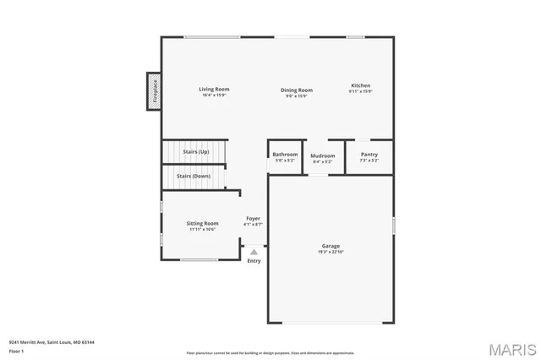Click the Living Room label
pos(214,89)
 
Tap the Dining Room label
pos(297,90)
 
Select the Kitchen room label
pos(361,85)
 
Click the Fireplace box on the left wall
pos(155,90)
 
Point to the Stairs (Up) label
pos(195,151)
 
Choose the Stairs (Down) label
pos(194,176)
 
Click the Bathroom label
pos(285,155)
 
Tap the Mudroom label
pos(323,155)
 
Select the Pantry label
pos(369,154)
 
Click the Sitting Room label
pos(202,223)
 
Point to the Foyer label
pos(253,218)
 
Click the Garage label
pos(331,246)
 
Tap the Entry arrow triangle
pos(254,251)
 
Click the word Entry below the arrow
pos(254,260)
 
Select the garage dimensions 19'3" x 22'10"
pos(331,252)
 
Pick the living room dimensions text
pos(214,95)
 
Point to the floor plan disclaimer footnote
pos(270,352)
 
